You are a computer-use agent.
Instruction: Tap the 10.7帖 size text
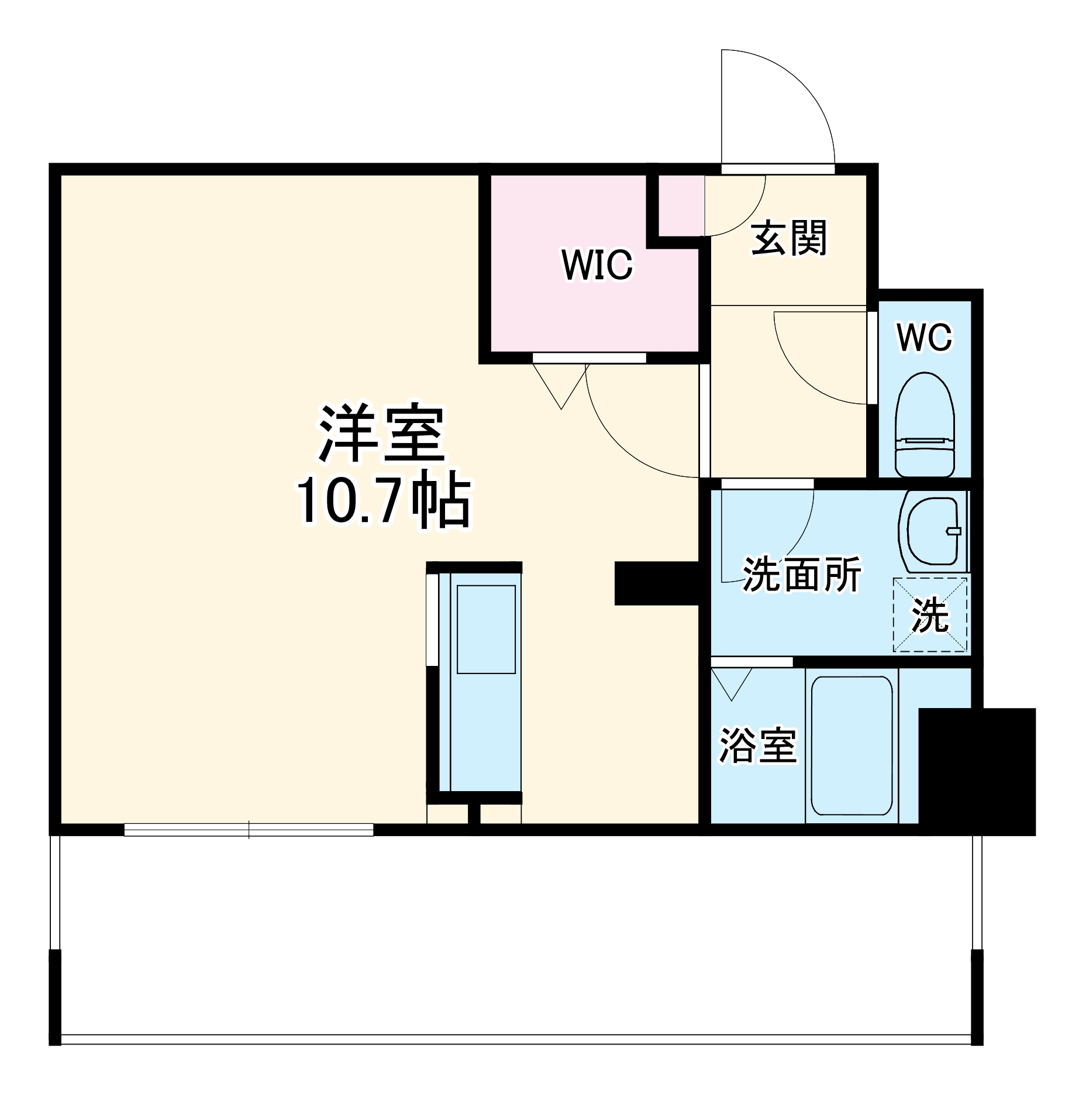384,502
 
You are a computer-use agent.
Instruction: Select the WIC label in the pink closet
597,264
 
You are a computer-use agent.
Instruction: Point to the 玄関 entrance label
789,238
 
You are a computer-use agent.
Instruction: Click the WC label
925,338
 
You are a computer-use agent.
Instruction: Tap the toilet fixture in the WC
925,424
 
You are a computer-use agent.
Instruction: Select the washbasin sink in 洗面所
932,531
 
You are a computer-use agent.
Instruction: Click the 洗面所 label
802,575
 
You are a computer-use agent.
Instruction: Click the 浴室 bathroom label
757,745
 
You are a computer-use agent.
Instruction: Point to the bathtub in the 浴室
852,745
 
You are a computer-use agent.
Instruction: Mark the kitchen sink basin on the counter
486,628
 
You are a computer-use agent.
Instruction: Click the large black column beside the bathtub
977,771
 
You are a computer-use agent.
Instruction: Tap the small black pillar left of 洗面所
656,583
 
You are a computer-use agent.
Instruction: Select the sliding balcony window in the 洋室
249,829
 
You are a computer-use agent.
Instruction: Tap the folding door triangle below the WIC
560,383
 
